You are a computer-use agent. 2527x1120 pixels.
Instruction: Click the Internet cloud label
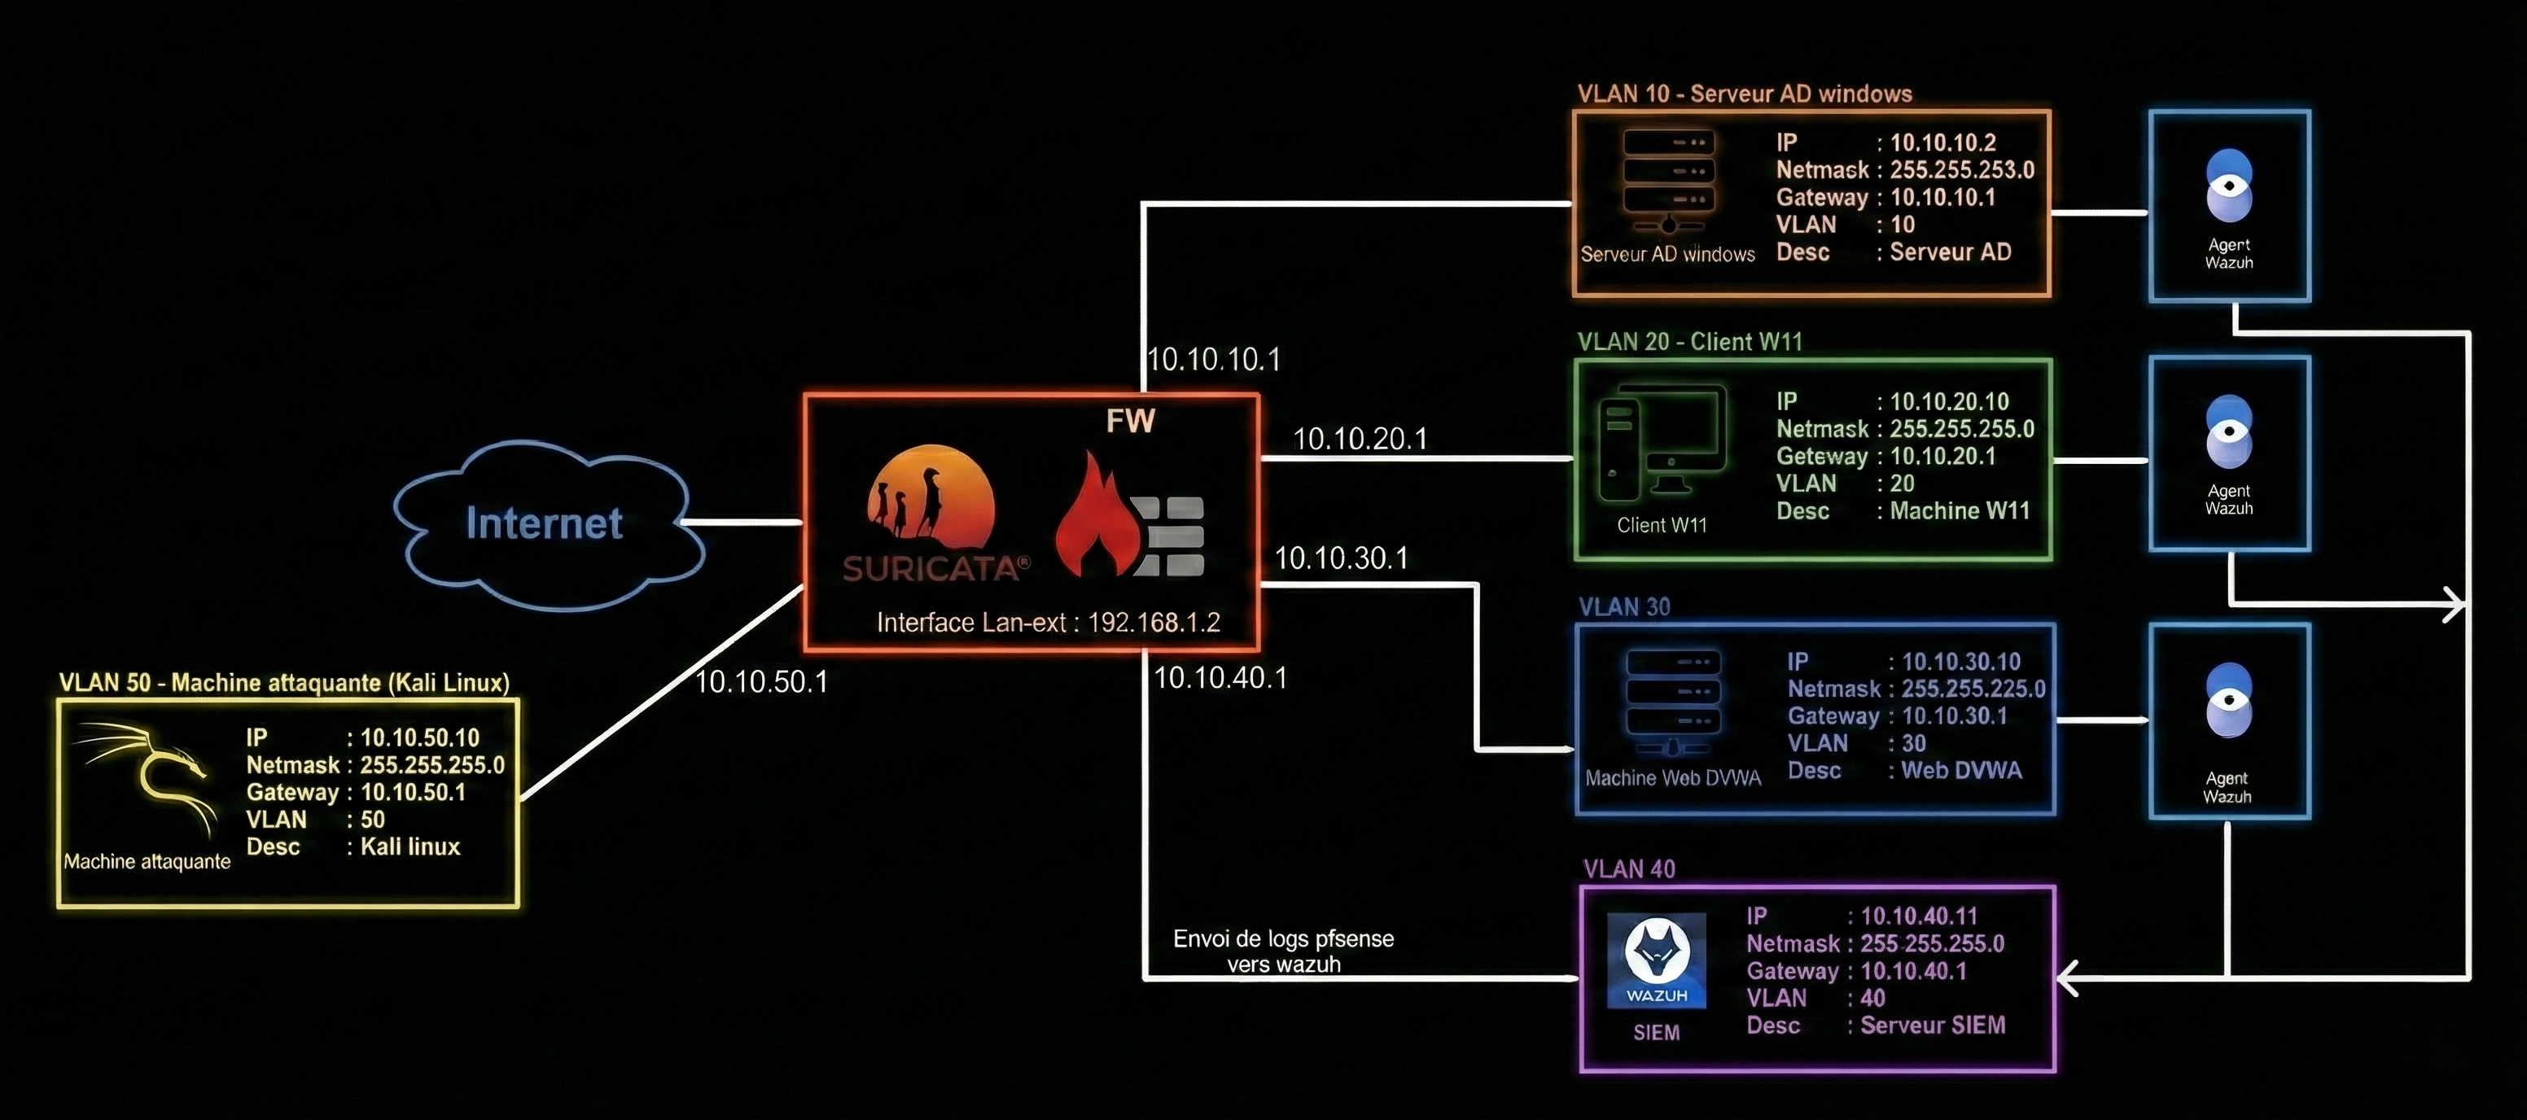544,523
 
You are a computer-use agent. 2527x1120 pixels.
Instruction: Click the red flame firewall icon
1096,516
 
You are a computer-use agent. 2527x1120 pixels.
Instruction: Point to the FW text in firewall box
1130,422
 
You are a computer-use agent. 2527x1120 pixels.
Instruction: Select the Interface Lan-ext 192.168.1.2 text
1048,623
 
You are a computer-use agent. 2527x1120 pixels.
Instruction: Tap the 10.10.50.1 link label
761,681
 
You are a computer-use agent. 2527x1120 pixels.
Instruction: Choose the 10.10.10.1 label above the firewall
1214,359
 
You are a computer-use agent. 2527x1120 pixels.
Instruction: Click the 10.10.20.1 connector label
1360,439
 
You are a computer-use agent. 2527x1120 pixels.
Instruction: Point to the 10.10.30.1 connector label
1341,558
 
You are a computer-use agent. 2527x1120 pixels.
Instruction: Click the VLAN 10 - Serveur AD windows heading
1744,94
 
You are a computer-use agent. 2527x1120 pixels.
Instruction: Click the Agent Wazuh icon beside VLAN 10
2229,186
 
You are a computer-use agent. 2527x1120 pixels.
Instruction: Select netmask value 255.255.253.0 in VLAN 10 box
1962,169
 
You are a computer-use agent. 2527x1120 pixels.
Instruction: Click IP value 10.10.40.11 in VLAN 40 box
1919,916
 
